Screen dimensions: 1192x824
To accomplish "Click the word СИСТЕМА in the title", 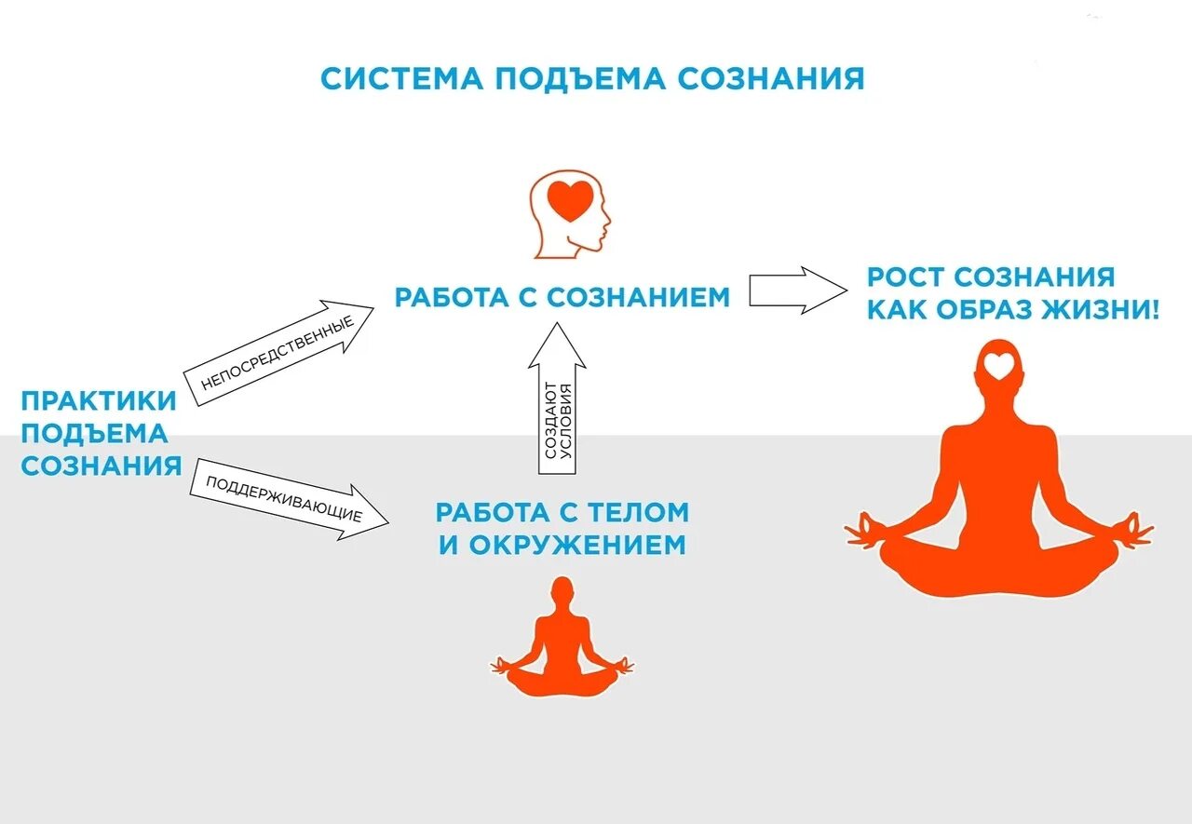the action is point(400,78).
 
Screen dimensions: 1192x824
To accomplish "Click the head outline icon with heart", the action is point(570,213).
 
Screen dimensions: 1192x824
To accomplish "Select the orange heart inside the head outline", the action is point(569,200).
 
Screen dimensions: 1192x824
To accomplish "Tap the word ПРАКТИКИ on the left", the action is point(99,401).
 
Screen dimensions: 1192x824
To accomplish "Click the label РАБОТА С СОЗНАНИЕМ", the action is point(562,297).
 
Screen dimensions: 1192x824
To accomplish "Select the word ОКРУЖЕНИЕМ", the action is point(577,545).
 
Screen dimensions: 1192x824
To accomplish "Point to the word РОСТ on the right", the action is point(905,277).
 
